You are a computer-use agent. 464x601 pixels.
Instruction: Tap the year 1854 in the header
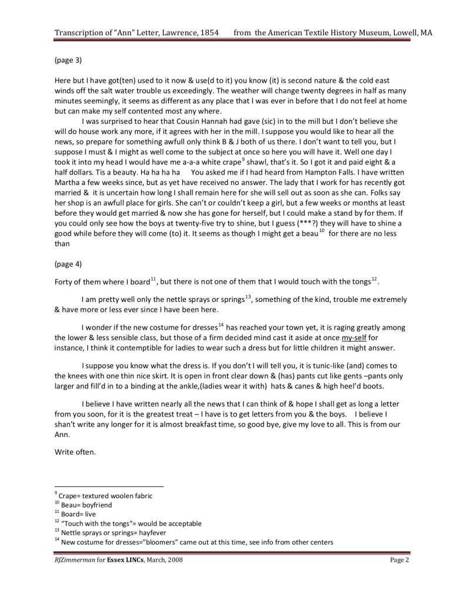209,33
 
